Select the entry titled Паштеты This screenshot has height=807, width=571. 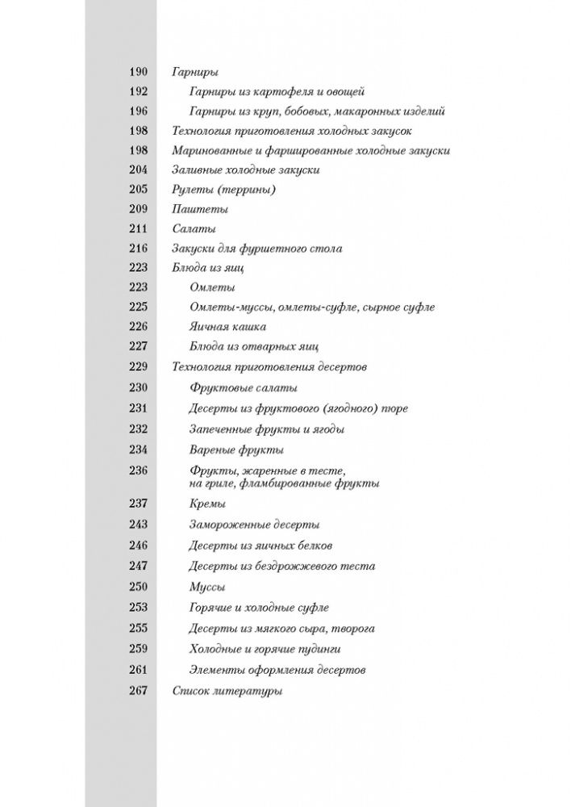194,209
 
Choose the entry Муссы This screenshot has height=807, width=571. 206,587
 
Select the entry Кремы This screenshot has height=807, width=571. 206,504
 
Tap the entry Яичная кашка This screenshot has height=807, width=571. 227,327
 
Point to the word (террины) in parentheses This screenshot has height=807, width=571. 248,190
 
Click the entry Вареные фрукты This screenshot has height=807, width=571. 236,449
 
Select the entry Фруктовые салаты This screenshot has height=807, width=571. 243,387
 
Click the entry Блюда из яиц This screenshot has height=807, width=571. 208,268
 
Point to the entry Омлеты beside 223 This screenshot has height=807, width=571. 212,287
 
